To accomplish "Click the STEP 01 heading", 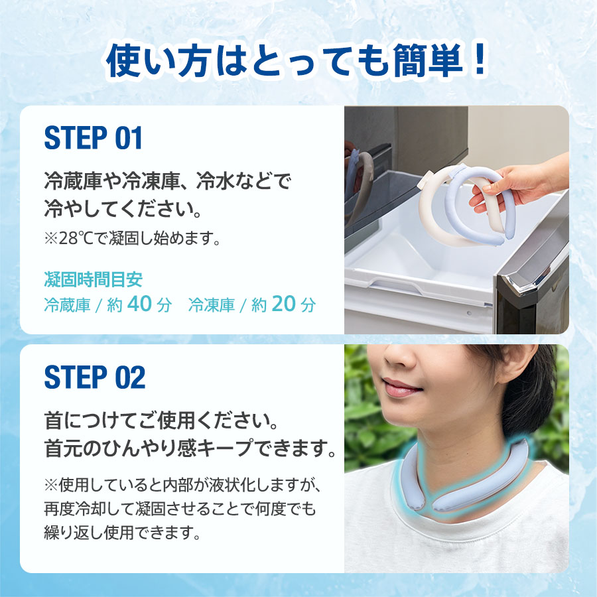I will pos(93,138).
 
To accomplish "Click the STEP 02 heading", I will pos(94,377).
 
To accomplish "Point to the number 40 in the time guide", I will pos(140,304).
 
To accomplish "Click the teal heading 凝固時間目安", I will pos(93,279).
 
